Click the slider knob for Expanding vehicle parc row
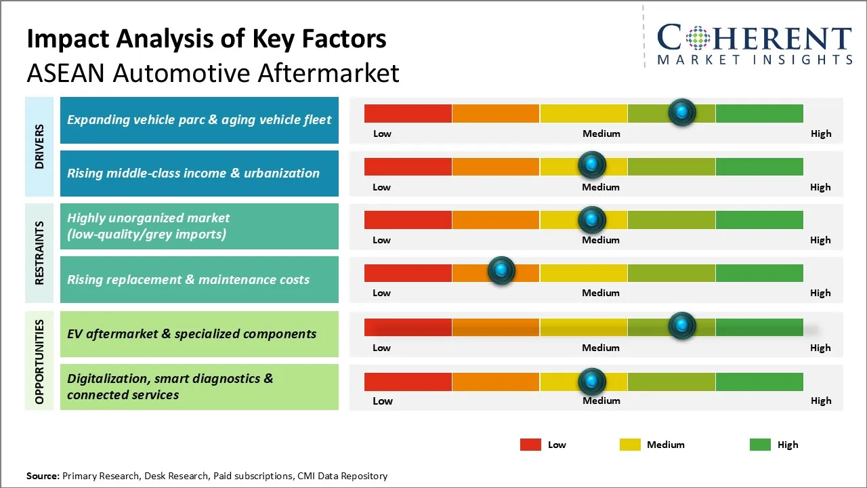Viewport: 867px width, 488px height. [682, 112]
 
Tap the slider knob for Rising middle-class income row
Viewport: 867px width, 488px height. [592, 165]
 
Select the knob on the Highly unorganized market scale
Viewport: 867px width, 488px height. [592, 219]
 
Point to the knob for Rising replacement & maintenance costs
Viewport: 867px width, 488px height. [501, 271]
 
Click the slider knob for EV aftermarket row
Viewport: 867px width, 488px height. [682, 326]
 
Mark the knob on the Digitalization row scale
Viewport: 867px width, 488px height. [592, 382]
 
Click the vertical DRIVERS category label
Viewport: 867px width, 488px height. [39, 146]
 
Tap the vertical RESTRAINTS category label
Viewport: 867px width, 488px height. [39, 253]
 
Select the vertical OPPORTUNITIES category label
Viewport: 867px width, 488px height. [39, 361]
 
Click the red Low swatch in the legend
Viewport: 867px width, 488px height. [530, 445]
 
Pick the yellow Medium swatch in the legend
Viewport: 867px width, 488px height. [630, 445]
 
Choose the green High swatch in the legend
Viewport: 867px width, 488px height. [760, 445]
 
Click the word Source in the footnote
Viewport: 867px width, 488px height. [42, 476]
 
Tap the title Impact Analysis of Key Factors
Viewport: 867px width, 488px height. [207, 39]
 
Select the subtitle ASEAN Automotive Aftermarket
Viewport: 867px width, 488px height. [213, 73]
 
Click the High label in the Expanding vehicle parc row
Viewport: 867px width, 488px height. [821, 134]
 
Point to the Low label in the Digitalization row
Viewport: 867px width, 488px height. [382, 401]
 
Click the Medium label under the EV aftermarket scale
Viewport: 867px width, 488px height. [601, 348]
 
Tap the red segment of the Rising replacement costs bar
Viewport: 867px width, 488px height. [408, 272]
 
